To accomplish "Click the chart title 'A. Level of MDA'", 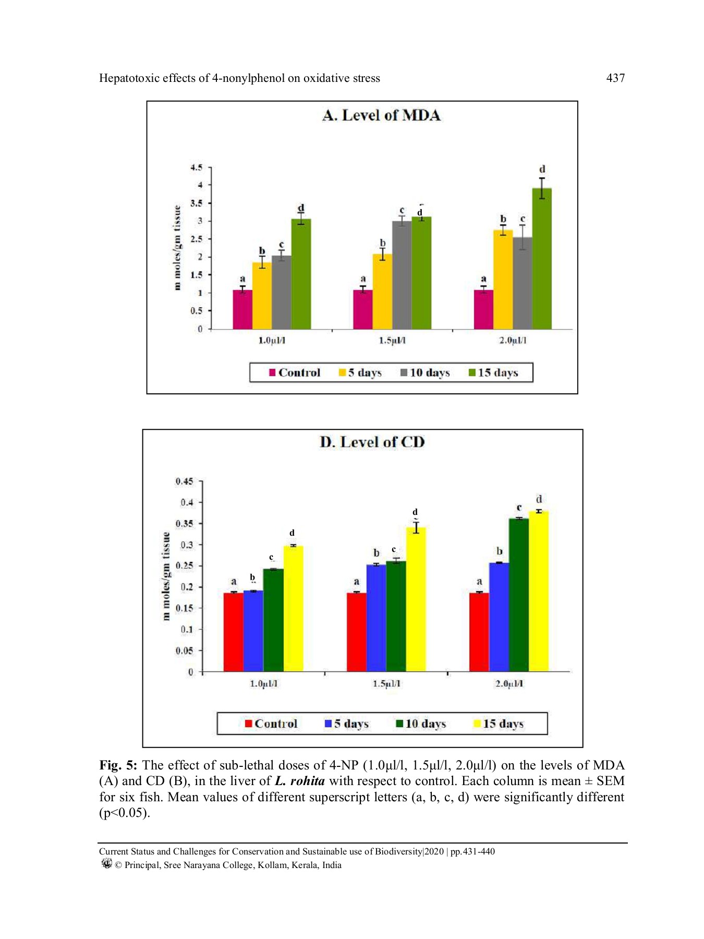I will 381,115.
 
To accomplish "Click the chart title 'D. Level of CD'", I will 372,442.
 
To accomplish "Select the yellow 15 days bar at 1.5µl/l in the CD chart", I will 416,599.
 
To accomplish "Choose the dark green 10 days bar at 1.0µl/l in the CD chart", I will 273,620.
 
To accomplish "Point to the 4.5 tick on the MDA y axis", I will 196,167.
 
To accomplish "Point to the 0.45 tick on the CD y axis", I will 184,481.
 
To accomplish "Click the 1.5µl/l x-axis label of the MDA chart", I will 392,341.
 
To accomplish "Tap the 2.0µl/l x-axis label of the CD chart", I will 509,684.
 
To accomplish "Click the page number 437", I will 615,78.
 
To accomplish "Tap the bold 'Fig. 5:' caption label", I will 118,765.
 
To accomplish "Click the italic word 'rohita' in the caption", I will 307,781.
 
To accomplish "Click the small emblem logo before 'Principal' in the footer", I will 106,864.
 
